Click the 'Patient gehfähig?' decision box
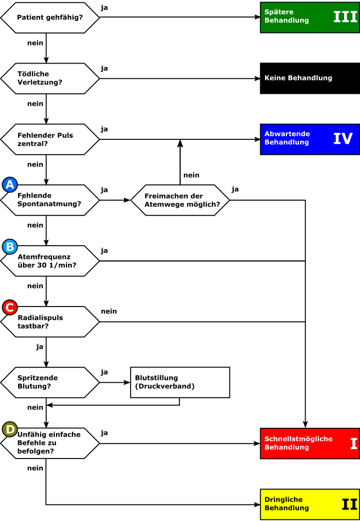(50, 18)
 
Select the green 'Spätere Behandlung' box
(310, 18)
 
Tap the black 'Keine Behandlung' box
(310, 78)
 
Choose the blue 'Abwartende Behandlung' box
(310, 139)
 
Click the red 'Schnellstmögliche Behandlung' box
(310, 443)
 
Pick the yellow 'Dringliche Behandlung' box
(310, 505)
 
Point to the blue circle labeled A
(10, 185)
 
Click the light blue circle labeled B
(10, 247)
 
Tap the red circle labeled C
(10, 307)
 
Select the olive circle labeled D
(10, 429)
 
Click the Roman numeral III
(345, 17)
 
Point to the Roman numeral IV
(343, 139)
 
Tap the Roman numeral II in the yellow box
(350, 505)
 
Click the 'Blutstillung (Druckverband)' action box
(180, 382)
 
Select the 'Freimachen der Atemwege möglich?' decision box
(180, 200)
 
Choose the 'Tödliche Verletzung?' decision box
(50, 78)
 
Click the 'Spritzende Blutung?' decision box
(50, 382)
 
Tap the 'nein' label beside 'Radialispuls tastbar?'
(109, 312)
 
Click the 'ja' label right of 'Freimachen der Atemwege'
(235, 190)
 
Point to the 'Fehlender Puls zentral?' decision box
(50, 139)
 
